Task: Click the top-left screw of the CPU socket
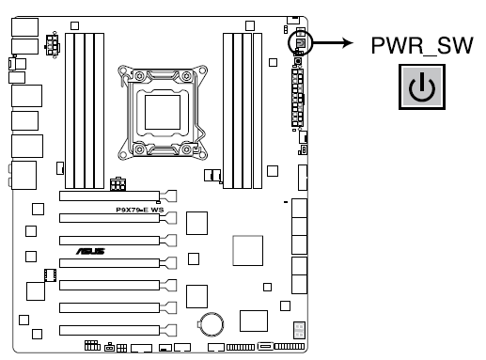tap(123, 71)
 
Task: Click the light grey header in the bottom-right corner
tap(299, 330)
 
